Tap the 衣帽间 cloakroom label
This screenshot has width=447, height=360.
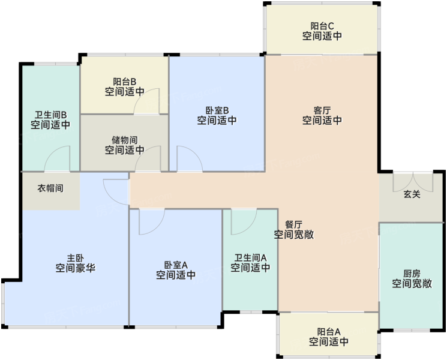click(x=50, y=188)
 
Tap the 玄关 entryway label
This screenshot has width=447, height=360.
click(x=412, y=194)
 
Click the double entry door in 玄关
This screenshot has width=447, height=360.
click(x=413, y=182)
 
